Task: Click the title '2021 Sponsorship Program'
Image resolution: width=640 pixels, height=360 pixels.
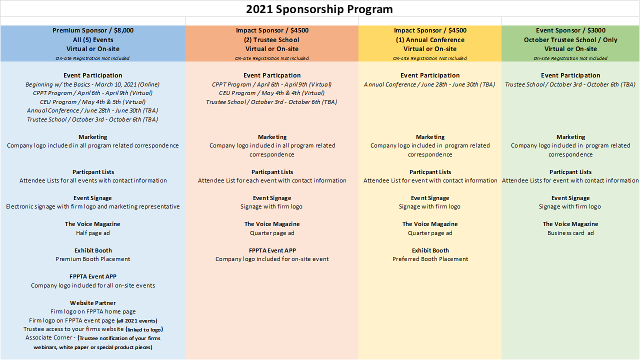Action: (x=319, y=9)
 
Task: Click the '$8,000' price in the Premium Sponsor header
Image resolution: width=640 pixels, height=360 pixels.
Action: (x=123, y=30)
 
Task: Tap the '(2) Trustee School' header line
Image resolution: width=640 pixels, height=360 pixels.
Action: (x=271, y=39)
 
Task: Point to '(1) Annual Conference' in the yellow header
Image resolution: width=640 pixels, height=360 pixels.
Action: (x=430, y=39)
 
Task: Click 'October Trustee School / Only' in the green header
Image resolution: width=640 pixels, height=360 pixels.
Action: (x=570, y=39)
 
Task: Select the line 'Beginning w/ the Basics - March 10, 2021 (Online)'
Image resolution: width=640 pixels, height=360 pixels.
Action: (x=92, y=84)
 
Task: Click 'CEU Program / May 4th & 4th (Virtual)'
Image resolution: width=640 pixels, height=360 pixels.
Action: (x=271, y=93)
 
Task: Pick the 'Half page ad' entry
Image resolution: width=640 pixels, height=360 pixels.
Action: (x=93, y=233)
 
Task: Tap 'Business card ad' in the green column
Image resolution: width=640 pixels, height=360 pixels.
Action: (x=570, y=233)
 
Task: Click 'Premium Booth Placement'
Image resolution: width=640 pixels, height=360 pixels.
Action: (x=93, y=259)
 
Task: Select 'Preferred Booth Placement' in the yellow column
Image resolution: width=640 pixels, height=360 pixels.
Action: (x=430, y=259)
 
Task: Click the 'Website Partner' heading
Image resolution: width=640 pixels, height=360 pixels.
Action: (x=93, y=303)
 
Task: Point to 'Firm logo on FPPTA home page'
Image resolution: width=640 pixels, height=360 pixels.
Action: (x=93, y=311)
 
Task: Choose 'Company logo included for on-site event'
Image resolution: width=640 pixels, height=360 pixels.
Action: (x=272, y=259)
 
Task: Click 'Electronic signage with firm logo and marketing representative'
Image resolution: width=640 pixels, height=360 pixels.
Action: (x=93, y=206)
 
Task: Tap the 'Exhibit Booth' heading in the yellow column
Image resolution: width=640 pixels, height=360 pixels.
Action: (x=430, y=250)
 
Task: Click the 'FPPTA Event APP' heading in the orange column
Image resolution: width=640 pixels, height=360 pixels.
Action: (x=272, y=250)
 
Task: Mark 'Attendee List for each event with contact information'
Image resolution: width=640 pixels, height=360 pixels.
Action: (x=272, y=180)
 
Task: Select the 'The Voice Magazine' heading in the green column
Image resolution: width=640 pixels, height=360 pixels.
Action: (x=570, y=224)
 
